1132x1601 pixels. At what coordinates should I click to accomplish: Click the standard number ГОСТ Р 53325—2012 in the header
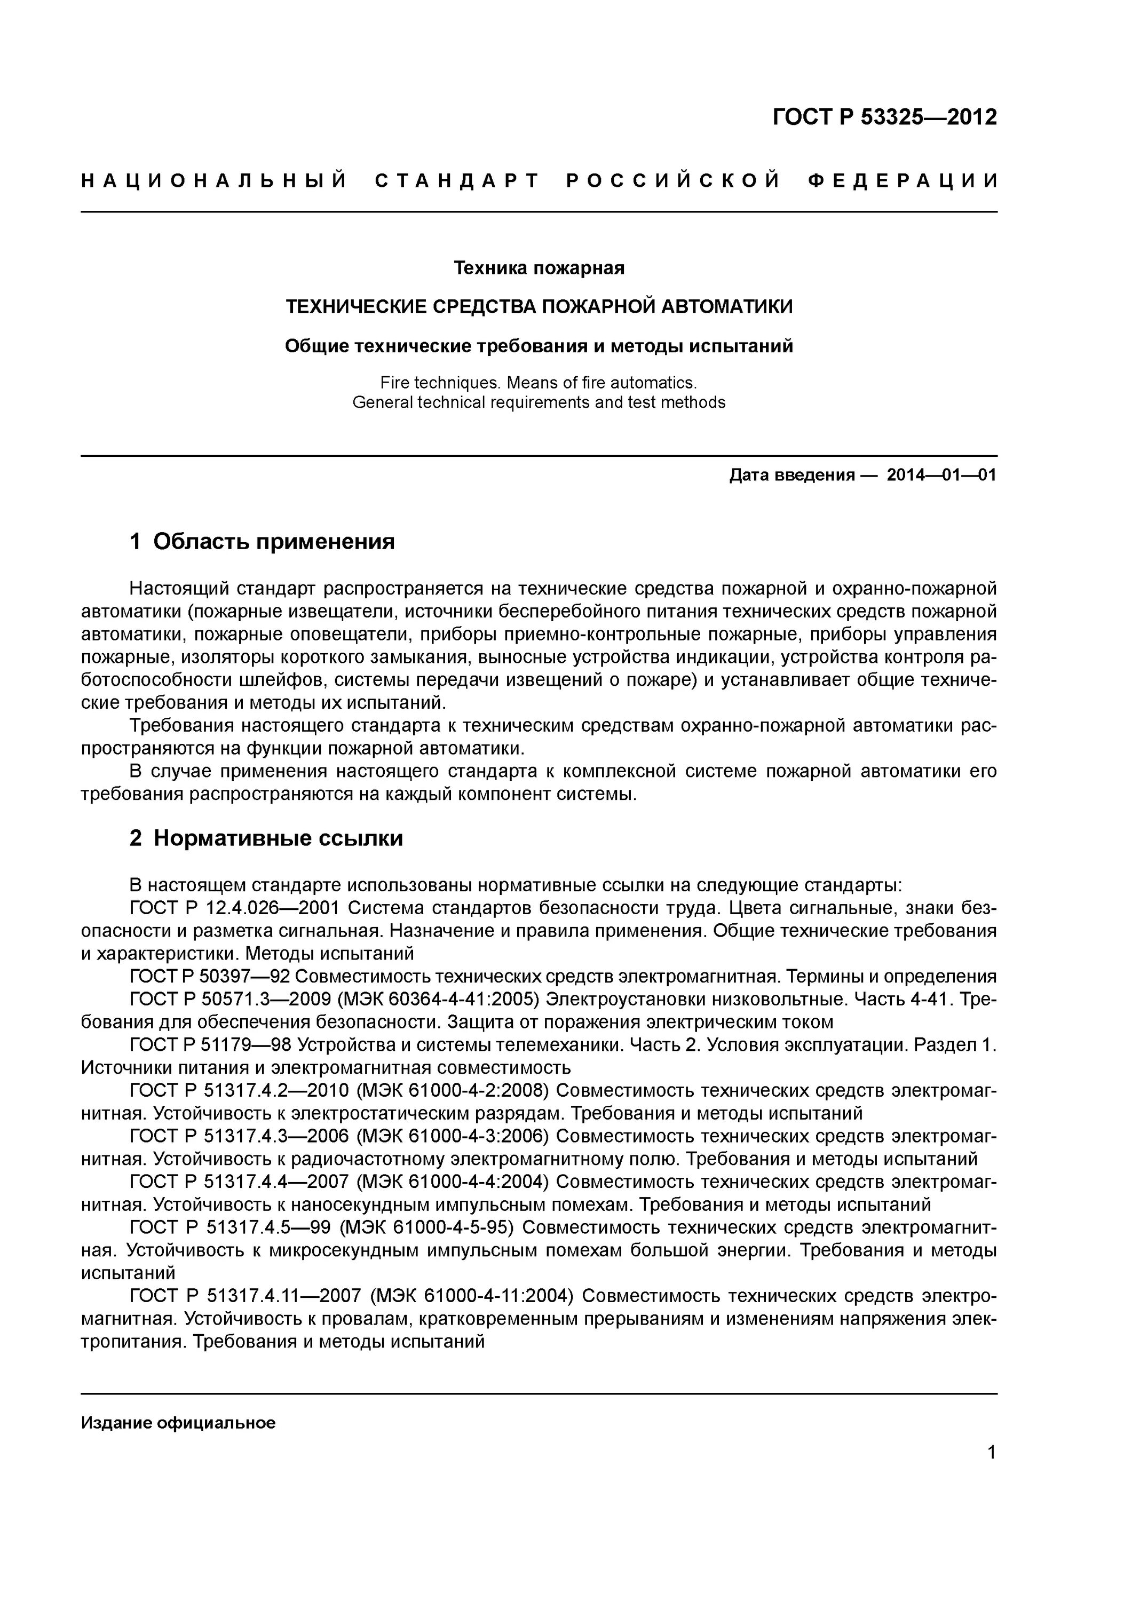(x=884, y=116)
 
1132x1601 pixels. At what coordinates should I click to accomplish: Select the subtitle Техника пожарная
(x=539, y=268)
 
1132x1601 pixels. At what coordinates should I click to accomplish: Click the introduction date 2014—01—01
(x=941, y=475)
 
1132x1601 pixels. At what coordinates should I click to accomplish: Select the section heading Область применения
(x=273, y=541)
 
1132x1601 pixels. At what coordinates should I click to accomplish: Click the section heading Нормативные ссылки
(x=278, y=837)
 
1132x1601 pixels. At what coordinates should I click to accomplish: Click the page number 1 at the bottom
(x=991, y=1453)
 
